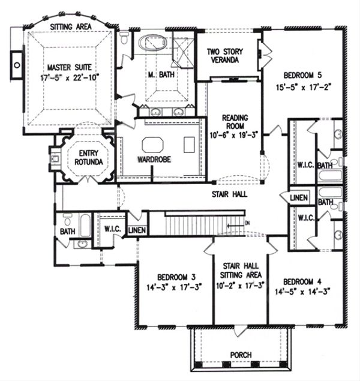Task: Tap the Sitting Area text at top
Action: pos(71,27)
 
